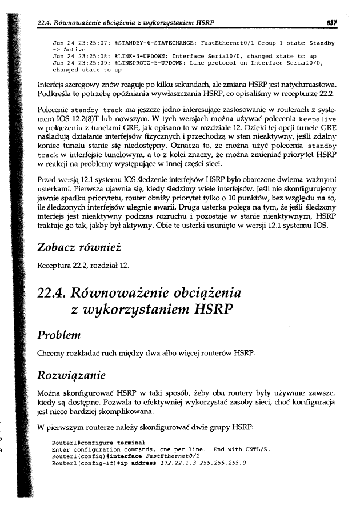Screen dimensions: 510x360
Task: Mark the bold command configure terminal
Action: [115, 443]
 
